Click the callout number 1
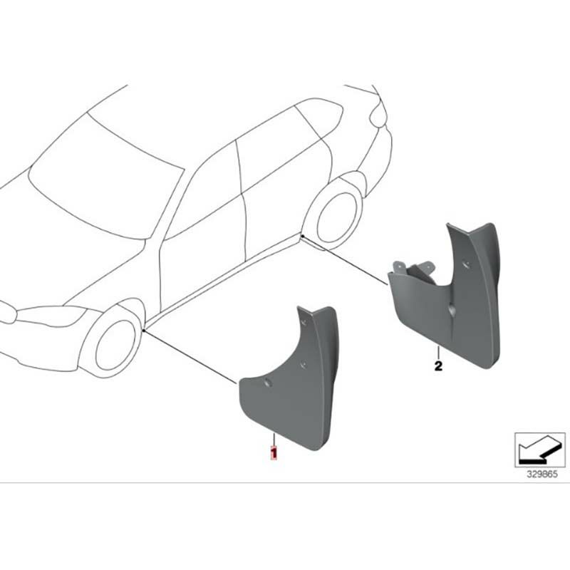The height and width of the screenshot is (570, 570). tap(274, 452)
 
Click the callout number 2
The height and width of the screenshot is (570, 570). tap(438, 366)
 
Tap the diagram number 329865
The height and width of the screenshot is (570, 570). tap(542, 475)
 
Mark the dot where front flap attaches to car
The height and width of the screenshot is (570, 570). tap(144, 331)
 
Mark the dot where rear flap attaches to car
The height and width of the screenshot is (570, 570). tap(302, 236)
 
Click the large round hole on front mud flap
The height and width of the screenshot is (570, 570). tap(269, 382)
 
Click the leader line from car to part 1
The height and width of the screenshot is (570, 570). tap(190, 357)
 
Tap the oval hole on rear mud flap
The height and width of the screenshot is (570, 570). tap(452, 310)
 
